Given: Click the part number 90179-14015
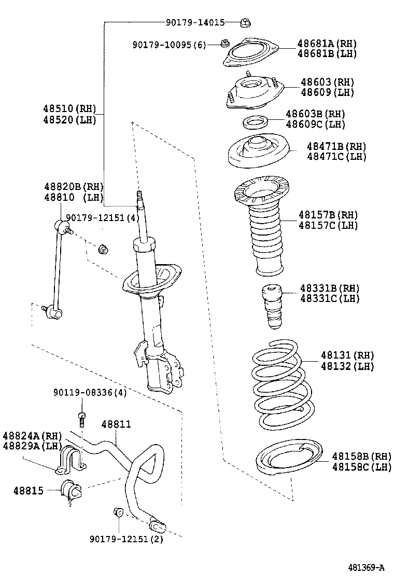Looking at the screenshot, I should pyautogui.click(x=195, y=23).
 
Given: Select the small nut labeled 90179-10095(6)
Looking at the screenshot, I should pyautogui.click(x=224, y=44).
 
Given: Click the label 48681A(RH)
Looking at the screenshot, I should pyautogui.click(x=327, y=44).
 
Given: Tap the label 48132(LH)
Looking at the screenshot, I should pyautogui.click(x=347, y=366).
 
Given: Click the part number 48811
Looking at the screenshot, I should pyautogui.click(x=116, y=424).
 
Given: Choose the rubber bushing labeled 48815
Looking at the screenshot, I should pyautogui.click(x=70, y=492).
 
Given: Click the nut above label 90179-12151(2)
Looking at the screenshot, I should pyautogui.click(x=117, y=513).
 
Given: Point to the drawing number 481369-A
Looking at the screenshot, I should pyautogui.click(x=365, y=567).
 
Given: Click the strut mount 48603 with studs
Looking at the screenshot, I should pyautogui.click(x=254, y=92).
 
